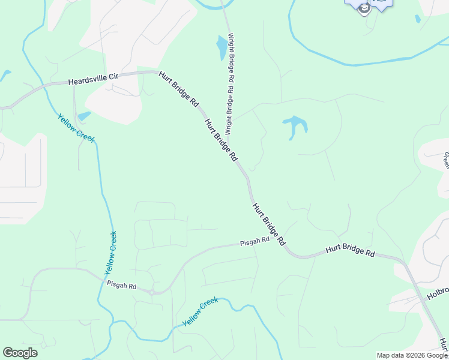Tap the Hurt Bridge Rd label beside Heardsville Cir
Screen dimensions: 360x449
point(179,89)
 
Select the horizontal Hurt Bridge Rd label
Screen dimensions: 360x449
point(350,250)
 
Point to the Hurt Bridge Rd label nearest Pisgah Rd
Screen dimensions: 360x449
point(268,224)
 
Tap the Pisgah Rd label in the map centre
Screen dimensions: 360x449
point(255,241)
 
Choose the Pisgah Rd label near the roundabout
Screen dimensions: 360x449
point(122,286)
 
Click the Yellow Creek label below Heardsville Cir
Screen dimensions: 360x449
point(76,128)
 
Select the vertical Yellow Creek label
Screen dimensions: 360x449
point(110,250)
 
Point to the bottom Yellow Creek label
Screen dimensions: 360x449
point(200,313)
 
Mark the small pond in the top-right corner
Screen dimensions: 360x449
point(418,19)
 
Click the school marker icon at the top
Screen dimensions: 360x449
point(364,8)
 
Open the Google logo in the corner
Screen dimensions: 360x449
point(20,353)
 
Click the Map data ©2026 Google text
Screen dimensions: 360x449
point(412,355)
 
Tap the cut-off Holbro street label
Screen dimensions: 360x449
point(438,292)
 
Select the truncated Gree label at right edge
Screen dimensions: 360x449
point(446,160)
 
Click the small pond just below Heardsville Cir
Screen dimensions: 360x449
point(84,116)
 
